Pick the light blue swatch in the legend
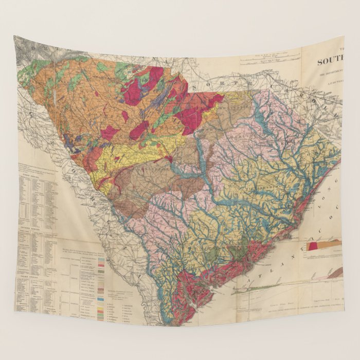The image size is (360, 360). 100,298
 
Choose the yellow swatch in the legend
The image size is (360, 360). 100,307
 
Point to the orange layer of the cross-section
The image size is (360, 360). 332,243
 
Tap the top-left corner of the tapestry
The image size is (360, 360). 14,37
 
